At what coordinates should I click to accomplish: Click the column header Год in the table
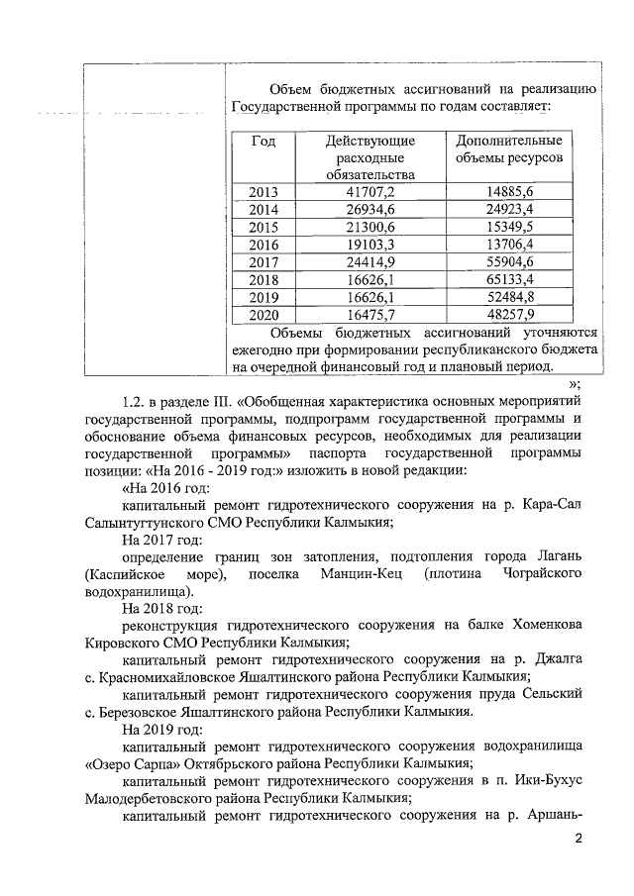tap(263, 141)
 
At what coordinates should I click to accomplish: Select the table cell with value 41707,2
tap(368, 191)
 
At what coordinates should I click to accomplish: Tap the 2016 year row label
tap(264, 245)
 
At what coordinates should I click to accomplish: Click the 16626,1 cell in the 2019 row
tap(368, 298)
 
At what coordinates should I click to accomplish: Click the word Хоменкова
tap(539, 626)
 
